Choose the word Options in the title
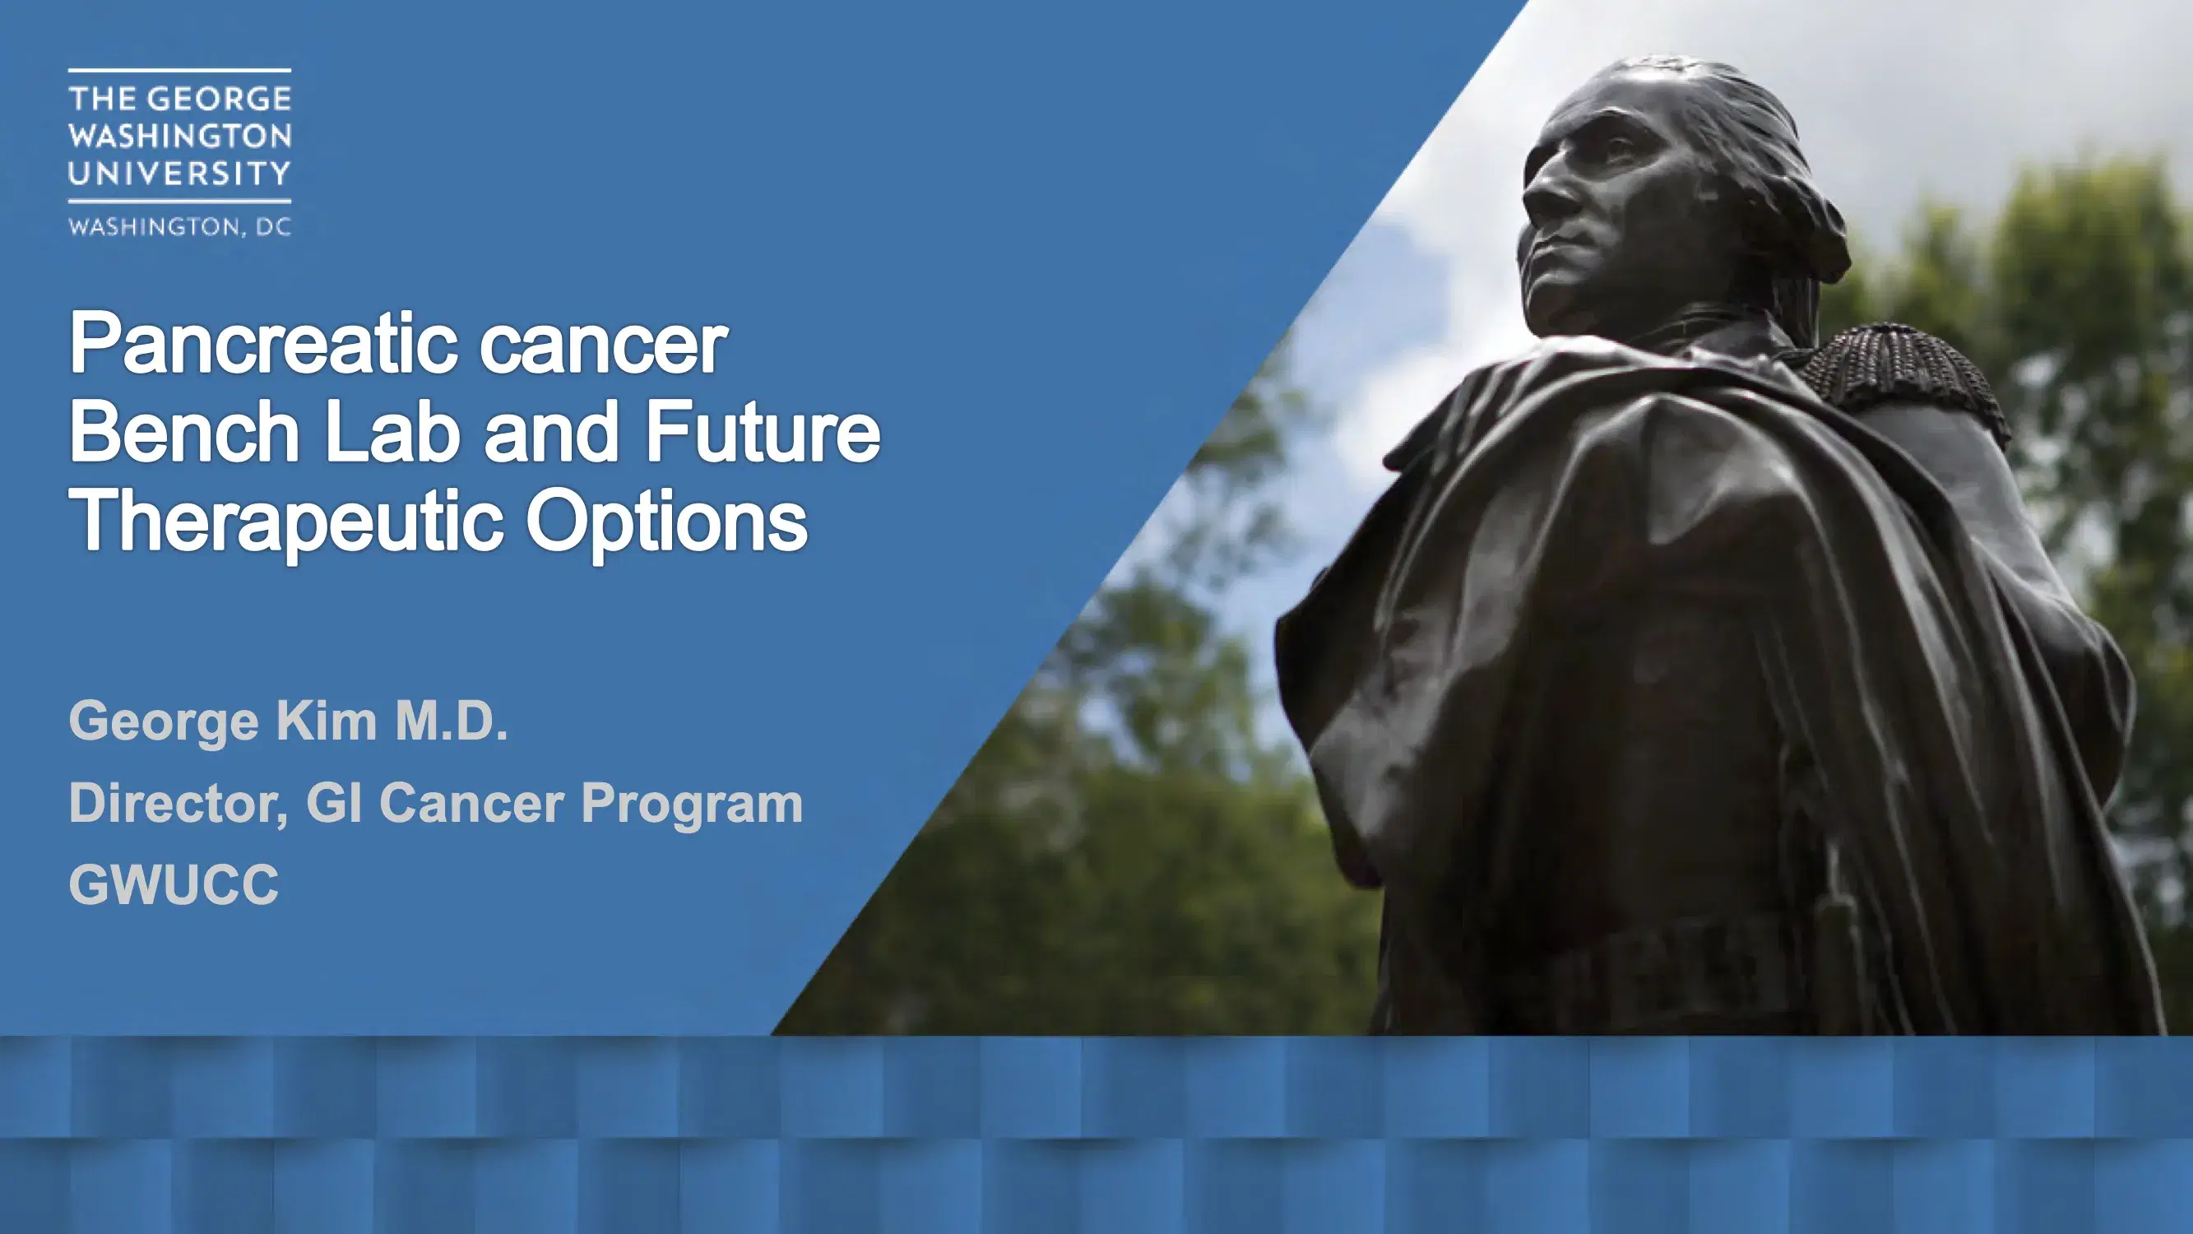(x=666, y=523)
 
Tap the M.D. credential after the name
(x=452, y=721)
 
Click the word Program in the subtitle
(x=692, y=804)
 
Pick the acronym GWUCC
(x=174, y=885)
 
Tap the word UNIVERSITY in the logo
(x=179, y=174)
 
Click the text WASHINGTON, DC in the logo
(x=179, y=226)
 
